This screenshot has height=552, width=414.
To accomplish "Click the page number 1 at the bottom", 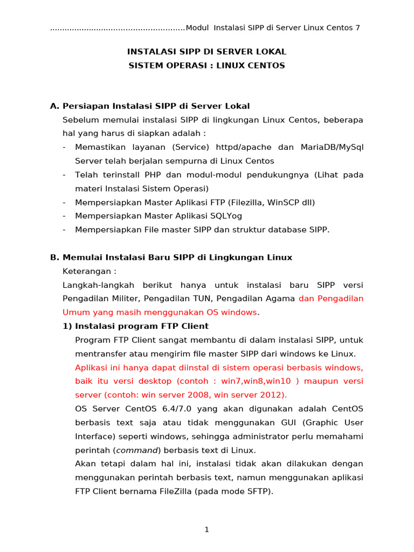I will click(x=206, y=530).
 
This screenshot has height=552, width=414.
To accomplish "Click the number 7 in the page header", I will click(x=357, y=27).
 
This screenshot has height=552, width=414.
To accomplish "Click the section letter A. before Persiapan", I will click(x=54, y=106).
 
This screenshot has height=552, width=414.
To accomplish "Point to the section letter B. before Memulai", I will click(x=54, y=258).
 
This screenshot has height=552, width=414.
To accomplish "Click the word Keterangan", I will click(x=88, y=271).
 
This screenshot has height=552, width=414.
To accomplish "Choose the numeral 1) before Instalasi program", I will click(x=67, y=326).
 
